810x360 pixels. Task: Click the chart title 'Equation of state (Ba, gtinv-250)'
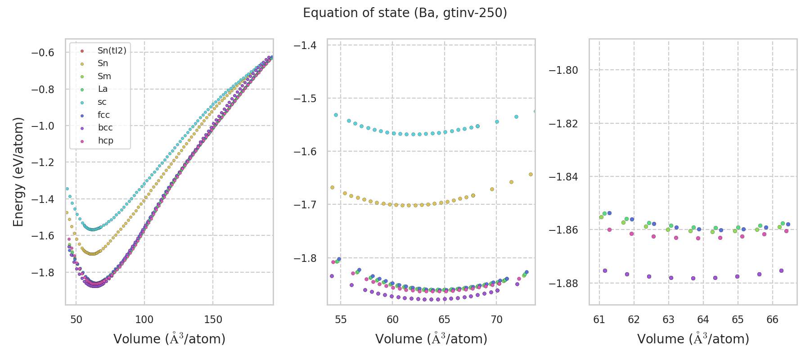[405, 13]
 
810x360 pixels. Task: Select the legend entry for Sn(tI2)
[112, 51]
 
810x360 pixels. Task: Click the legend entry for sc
[102, 102]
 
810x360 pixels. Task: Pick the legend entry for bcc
[105, 128]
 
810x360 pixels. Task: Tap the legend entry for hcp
[106, 141]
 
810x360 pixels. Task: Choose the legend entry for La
[103, 89]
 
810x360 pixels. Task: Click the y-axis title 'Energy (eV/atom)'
[18, 171]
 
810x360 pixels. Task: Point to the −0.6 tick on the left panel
[43, 53]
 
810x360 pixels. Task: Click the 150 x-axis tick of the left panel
[213, 319]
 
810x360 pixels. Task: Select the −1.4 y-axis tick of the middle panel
[305, 45]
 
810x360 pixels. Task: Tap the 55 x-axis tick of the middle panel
[341, 319]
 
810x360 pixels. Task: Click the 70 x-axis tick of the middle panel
[496, 319]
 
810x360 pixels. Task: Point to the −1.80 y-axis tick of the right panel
[563, 70]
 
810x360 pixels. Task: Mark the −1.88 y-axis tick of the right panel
[563, 283]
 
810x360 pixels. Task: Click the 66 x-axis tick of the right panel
[772, 319]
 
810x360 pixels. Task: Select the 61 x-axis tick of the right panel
[599, 319]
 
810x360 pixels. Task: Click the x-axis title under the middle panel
[431, 339]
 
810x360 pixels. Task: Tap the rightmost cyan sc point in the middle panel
[535, 111]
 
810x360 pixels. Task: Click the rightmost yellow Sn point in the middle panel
[531, 174]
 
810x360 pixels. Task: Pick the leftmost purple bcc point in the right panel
[605, 270]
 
